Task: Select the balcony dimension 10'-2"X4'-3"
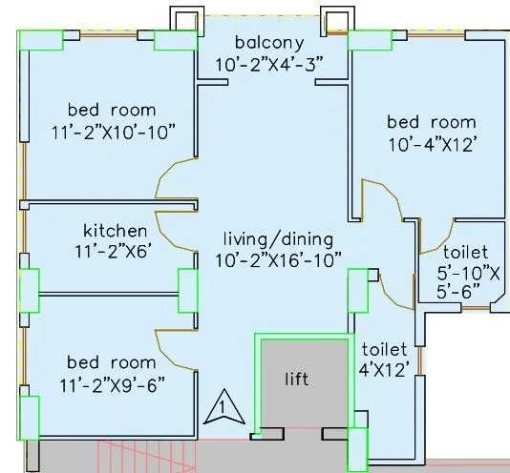pyautogui.click(x=270, y=63)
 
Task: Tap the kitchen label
pyautogui.click(x=115, y=231)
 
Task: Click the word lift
pyautogui.click(x=299, y=379)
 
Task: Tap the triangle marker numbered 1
pyautogui.click(x=222, y=408)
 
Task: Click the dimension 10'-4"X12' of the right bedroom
pyautogui.click(x=430, y=143)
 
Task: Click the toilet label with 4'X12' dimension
pyautogui.click(x=384, y=350)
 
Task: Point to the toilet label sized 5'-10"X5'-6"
pyautogui.click(x=464, y=252)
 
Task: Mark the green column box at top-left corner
pyautogui.click(x=40, y=39)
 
